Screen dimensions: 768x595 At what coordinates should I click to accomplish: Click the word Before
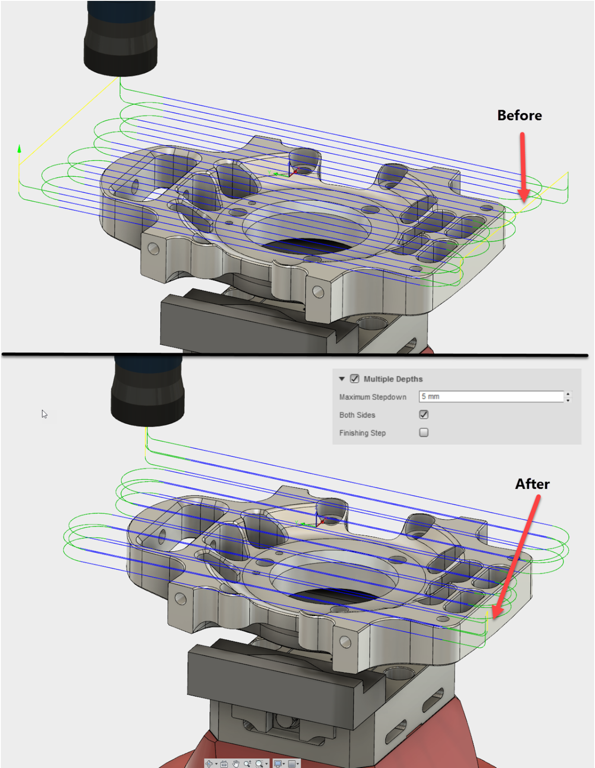[x=519, y=115]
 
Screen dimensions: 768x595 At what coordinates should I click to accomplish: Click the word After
[x=532, y=484]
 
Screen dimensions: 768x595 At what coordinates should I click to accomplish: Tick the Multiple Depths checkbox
[x=354, y=379]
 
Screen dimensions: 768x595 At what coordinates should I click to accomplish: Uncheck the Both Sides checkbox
[x=424, y=415]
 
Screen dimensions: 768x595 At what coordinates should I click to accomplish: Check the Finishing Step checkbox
[x=424, y=432]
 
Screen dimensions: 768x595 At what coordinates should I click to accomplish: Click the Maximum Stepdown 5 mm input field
[x=491, y=397]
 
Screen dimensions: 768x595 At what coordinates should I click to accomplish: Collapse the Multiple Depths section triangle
[x=342, y=379]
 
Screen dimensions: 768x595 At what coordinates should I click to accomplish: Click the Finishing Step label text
[x=362, y=433]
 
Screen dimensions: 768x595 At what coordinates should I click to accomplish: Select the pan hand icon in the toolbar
[x=236, y=764]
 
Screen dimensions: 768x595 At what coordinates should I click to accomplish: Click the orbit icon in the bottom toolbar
[x=209, y=764]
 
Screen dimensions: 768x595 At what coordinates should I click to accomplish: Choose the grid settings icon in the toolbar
[x=292, y=764]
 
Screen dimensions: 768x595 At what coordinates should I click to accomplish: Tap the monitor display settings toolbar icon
[x=278, y=764]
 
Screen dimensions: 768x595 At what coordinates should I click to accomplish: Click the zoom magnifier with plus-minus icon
[x=247, y=764]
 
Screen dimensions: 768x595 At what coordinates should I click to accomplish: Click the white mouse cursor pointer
[x=44, y=414]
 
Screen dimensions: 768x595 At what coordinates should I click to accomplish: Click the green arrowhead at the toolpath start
[x=19, y=149]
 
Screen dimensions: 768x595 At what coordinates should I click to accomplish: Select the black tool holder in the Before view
[x=120, y=39]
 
